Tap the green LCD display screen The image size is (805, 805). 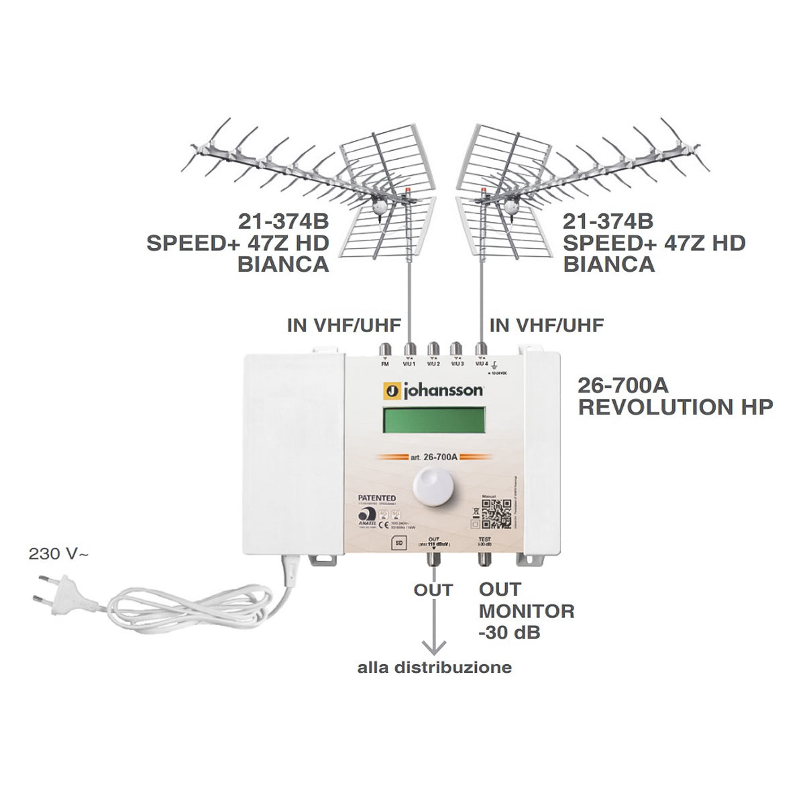[x=433, y=421]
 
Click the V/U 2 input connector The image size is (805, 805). [x=433, y=350]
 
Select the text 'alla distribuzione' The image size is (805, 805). [x=434, y=667]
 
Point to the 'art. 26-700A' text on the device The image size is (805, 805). [x=433, y=458]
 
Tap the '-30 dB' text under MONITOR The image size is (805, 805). [x=509, y=632]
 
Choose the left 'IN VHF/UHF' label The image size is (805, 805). [x=343, y=325]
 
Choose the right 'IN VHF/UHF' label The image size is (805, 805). [x=547, y=325]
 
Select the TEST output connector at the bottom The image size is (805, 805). [x=484, y=556]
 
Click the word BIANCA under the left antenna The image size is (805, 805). [x=283, y=264]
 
